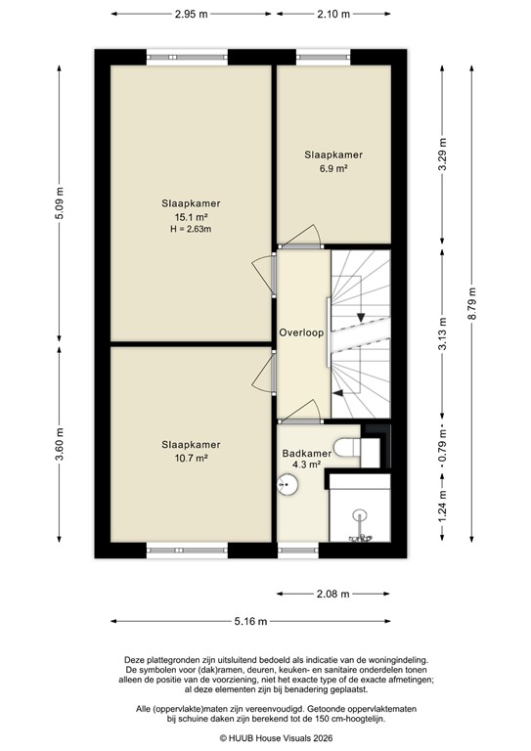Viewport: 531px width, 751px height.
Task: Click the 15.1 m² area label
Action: (191, 217)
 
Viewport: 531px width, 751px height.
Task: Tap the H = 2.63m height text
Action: (191, 230)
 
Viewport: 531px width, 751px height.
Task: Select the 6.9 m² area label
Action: (333, 168)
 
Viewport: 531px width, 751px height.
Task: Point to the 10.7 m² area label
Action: (191, 457)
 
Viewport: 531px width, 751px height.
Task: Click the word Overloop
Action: (300, 332)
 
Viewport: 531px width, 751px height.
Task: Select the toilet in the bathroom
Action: (349, 447)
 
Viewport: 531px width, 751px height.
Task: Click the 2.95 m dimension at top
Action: (191, 14)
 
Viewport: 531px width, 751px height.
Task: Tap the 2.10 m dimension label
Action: (333, 14)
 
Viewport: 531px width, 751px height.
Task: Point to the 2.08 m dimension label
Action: (333, 594)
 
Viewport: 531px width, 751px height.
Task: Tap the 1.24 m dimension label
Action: (442, 508)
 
